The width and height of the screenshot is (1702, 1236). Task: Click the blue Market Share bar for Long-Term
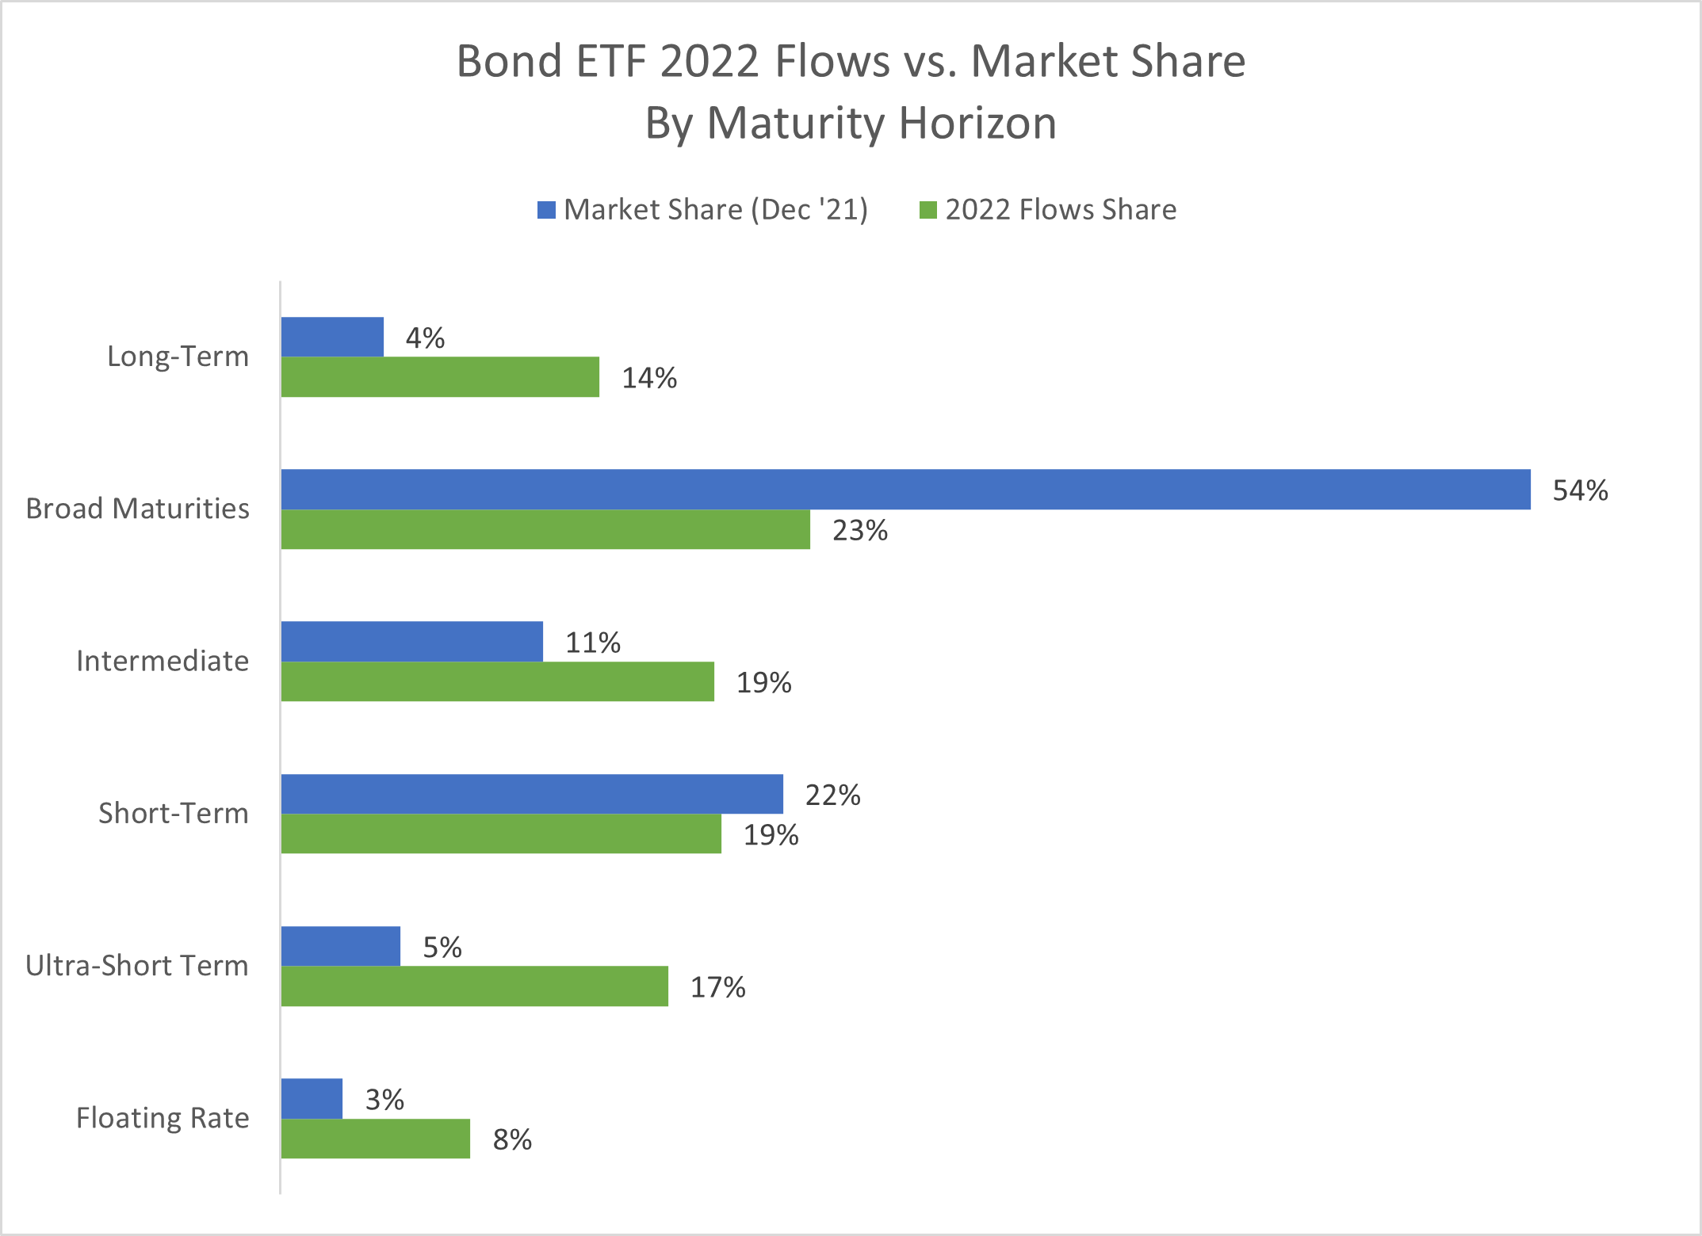(x=332, y=337)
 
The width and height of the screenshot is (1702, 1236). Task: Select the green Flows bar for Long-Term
(x=440, y=377)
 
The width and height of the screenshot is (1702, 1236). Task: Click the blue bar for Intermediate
(x=412, y=641)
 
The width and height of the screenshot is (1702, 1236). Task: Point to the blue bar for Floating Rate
(x=312, y=1098)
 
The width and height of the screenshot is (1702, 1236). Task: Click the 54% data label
(x=1580, y=490)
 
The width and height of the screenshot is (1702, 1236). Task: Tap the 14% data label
(x=649, y=378)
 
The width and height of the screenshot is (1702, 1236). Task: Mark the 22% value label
(x=832, y=795)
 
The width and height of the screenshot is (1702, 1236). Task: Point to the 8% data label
(x=512, y=1139)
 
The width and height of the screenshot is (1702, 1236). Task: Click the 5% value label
(x=442, y=947)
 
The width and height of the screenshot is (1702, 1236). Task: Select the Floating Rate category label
(x=163, y=1118)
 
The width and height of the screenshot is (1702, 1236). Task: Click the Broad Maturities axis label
(x=137, y=509)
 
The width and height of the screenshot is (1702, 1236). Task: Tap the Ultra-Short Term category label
(x=136, y=966)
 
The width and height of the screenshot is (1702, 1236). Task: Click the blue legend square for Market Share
(x=546, y=210)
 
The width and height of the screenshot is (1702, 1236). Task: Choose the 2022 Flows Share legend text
(x=1061, y=210)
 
